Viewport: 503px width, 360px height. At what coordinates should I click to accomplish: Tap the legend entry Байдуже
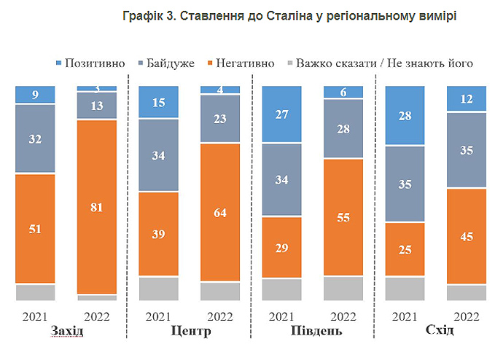click(x=169, y=63)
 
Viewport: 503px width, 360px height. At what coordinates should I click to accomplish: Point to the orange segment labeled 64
click(x=219, y=212)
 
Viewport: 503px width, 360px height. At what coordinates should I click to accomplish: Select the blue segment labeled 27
click(x=281, y=114)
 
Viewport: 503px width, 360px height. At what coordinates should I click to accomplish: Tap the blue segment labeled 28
click(x=404, y=115)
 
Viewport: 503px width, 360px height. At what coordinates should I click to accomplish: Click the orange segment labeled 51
click(x=35, y=228)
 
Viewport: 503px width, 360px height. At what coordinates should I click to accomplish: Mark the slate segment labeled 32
click(x=35, y=138)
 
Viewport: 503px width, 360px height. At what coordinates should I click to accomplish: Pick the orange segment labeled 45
click(x=467, y=235)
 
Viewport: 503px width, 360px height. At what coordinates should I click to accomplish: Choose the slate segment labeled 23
click(x=219, y=120)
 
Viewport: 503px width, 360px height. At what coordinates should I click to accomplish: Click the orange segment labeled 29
click(x=281, y=247)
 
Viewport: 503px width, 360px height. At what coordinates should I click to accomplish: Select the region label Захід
click(x=67, y=332)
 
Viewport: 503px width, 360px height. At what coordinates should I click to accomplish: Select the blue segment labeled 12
click(x=467, y=99)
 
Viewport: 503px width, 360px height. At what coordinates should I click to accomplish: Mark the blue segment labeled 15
click(x=158, y=102)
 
